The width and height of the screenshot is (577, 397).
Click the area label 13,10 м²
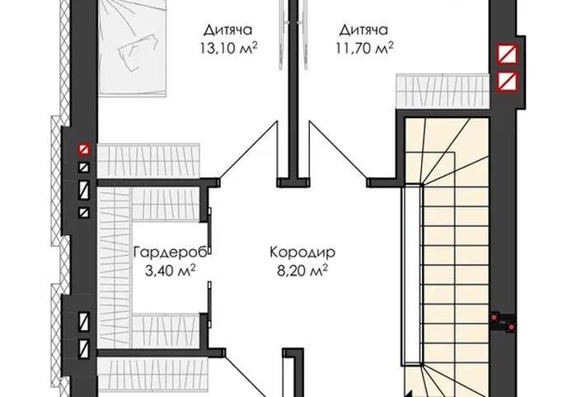(228, 48)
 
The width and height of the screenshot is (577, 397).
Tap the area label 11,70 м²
(364, 48)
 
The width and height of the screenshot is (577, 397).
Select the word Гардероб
(171, 253)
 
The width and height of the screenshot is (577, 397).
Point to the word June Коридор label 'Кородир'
(303, 253)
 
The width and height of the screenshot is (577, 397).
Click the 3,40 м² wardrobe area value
(170, 271)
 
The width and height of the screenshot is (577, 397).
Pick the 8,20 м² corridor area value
(303, 271)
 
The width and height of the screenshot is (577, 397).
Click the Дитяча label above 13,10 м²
(228, 30)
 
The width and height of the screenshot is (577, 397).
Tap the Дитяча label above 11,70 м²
(364, 30)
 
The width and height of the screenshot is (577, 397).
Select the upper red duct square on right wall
(508, 54)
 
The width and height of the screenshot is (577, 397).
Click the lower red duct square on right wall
(508, 82)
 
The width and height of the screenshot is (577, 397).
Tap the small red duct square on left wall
(84, 149)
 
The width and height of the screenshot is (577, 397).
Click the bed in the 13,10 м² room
(133, 49)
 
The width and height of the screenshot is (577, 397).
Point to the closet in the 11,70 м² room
(443, 91)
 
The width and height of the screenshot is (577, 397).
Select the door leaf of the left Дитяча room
(247, 151)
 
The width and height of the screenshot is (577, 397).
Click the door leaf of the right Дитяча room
(339, 151)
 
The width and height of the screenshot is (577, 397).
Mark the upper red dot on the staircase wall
(495, 317)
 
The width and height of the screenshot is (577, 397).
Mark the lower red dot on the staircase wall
(511, 327)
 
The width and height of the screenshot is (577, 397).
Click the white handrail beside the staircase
(412, 275)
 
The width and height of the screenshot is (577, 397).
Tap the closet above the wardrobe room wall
(148, 161)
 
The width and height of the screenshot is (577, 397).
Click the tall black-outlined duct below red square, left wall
(84, 190)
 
